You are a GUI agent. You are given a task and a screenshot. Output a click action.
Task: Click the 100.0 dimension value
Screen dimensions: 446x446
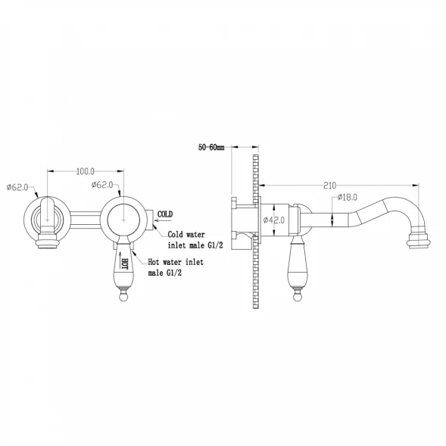(x=86, y=172)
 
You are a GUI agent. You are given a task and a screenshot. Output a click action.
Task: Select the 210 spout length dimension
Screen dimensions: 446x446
(x=329, y=186)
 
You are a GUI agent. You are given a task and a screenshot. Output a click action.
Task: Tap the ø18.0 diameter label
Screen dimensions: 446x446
(x=347, y=197)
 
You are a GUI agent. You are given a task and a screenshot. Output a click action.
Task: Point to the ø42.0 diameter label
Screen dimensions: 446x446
(x=274, y=220)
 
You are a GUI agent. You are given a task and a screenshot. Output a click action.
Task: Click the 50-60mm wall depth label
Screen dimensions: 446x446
(x=211, y=148)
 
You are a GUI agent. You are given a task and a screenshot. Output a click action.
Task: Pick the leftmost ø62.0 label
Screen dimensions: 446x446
(x=17, y=187)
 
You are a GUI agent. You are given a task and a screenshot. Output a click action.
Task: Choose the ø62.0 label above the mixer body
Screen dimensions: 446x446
(x=102, y=185)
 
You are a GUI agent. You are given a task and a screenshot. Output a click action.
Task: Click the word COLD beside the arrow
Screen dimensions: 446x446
(x=165, y=214)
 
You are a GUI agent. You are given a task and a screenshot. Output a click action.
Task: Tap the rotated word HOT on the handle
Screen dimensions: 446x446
(x=125, y=264)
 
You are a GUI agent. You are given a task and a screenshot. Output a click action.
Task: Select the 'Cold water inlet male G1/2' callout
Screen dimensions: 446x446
(x=195, y=240)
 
